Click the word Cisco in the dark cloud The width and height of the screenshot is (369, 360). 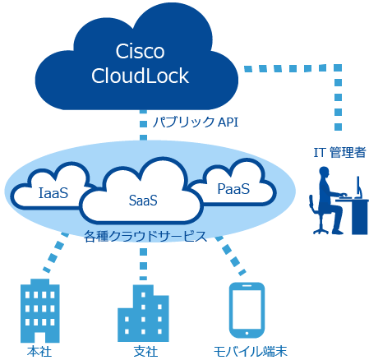[x=140, y=51]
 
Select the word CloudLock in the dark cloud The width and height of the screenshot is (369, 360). [x=140, y=76]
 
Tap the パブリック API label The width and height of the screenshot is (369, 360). [x=196, y=122]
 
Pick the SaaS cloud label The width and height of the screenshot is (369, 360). [x=143, y=201]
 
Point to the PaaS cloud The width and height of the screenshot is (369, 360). [x=233, y=183]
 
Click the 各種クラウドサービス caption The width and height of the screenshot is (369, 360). [x=145, y=237]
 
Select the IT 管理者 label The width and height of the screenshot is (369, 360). [x=339, y=152]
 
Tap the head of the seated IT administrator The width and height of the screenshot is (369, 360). [x=324, y=173]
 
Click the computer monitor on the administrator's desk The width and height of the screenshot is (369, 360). [x=358, y=187]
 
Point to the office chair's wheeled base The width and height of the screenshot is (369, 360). [x=321, y=231]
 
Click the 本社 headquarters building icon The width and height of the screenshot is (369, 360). [x=40, y=311]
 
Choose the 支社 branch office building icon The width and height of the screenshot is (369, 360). [x=143, y=313]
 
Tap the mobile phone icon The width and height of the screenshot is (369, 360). [x=247, y=311]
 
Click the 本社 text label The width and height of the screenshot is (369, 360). [x=39, y=352]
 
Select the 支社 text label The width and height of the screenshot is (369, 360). [x=145, y=352]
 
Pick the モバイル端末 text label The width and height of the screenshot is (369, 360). [x=250, y=352]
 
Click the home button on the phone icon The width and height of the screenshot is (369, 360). [x=247, y=334]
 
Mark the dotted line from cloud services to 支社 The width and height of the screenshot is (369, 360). [x=143, y=264]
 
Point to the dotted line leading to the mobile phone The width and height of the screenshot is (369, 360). [x=230, y=256]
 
